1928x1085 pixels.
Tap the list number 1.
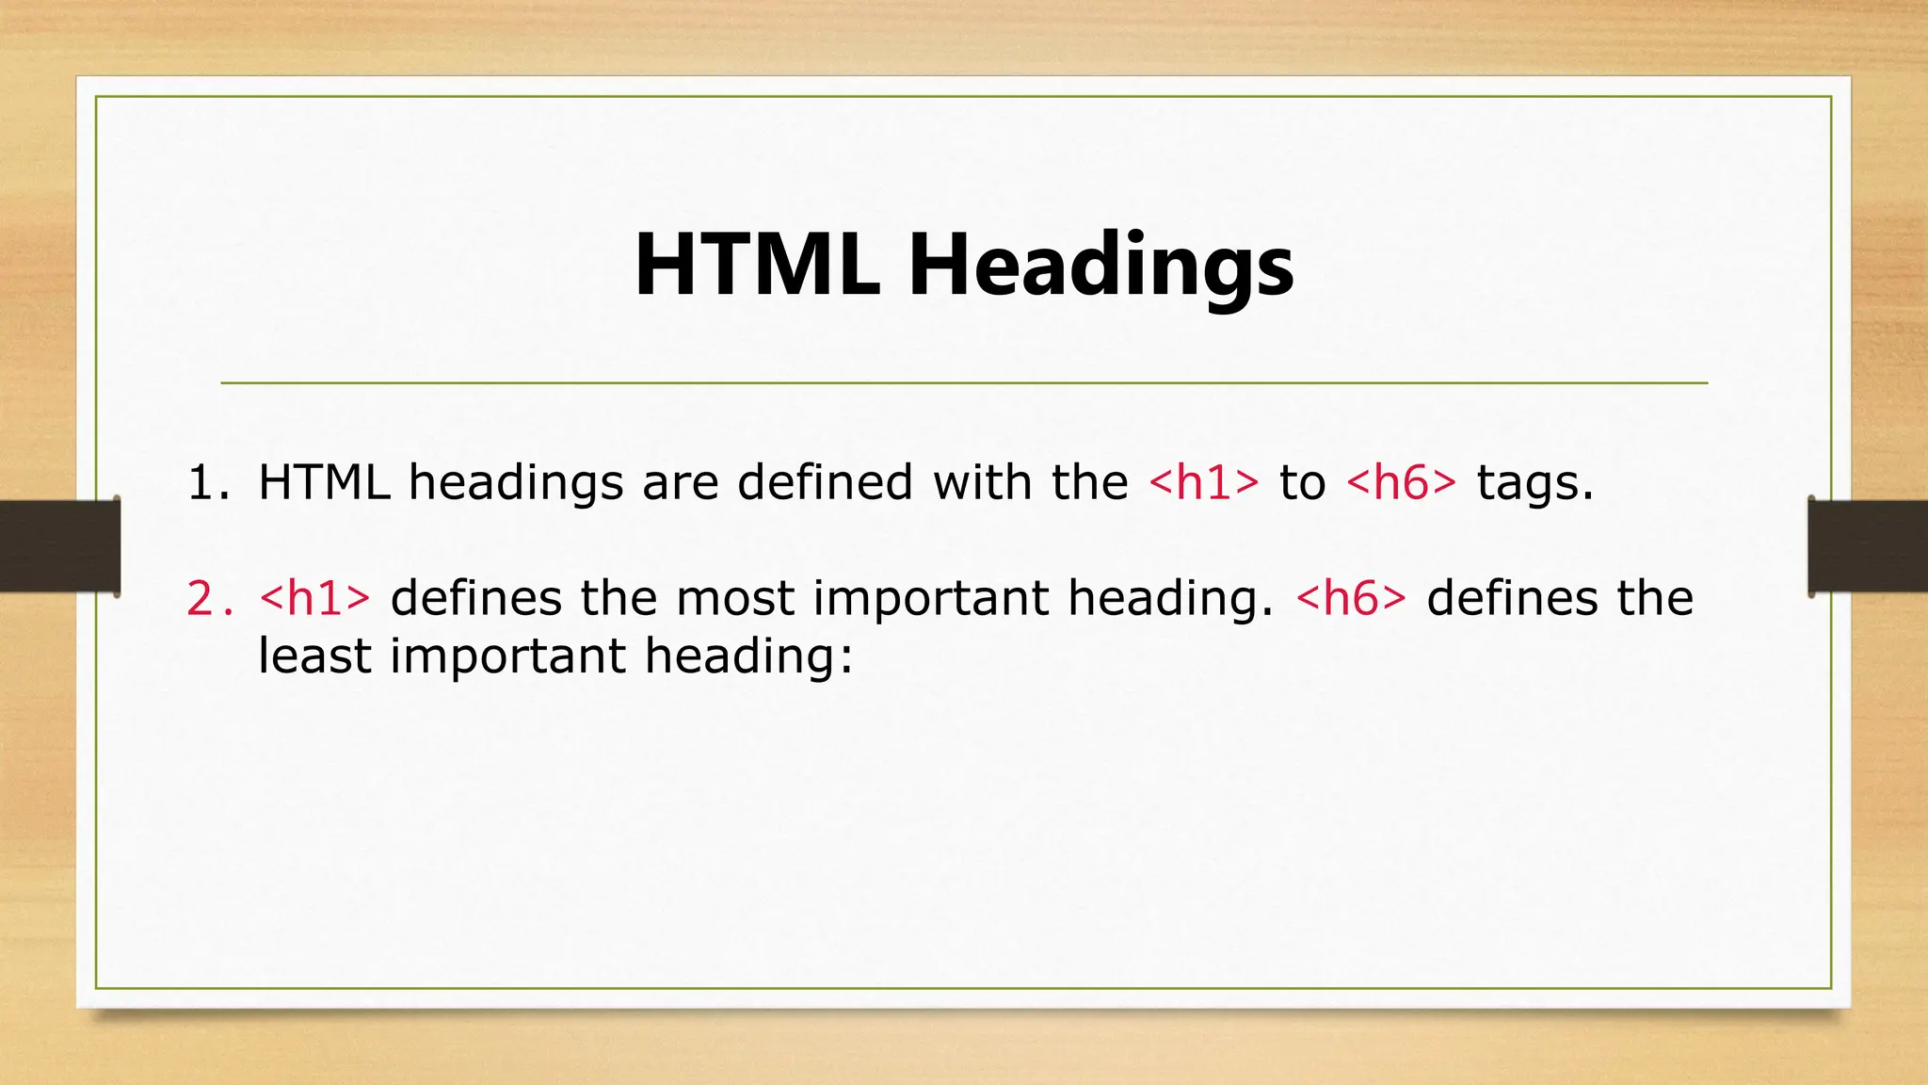[x=207, y=483]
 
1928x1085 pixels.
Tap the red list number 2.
[x=209, y=599]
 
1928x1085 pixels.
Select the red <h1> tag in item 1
[x=1203, y=483]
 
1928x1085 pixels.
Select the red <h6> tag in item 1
[x=1401, y=483]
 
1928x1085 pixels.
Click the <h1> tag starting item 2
[x=314, y=599]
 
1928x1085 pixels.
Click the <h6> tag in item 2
[x=1351, y=599]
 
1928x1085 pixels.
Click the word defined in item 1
[x=825, y=483]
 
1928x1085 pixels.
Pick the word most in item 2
[x=735, y=599]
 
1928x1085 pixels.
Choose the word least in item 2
[x=314, y=656]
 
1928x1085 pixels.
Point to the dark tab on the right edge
[x=1868, y=546]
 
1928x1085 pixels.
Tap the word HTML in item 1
[x=324, y=483]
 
